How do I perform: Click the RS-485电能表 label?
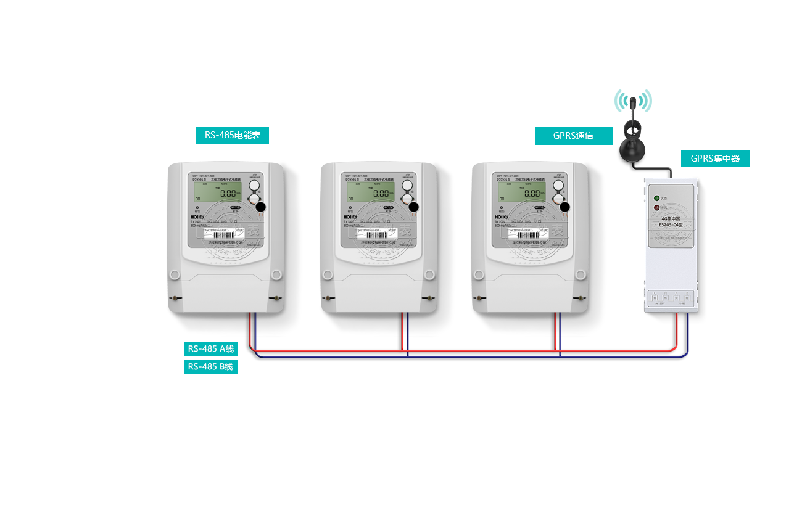pos(232,135)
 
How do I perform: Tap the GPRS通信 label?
pos(573,136)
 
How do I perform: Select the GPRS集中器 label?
pos(715,159)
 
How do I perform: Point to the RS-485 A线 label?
pos(211,348)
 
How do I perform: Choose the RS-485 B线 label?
pos(210,367)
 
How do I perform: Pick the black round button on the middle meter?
pos(414,208)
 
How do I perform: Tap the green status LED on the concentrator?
pos(657,199)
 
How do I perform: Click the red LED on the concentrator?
pos(657,208)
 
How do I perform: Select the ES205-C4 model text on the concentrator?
pos(670,224)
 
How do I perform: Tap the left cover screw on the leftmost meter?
pos(176,299)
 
